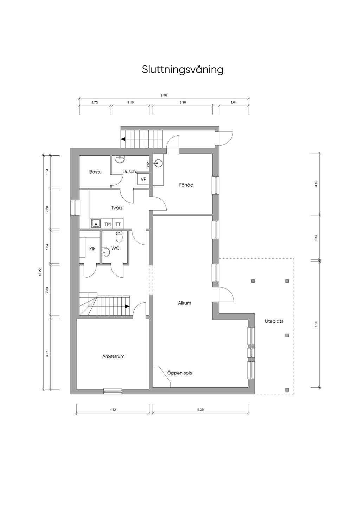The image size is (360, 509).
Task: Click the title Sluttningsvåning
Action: point(183,70)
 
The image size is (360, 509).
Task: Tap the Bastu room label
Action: point(95,172)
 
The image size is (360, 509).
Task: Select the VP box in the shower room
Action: point(143,179)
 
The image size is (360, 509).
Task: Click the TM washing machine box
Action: point(108,224)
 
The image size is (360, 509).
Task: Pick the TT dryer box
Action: point(118,224)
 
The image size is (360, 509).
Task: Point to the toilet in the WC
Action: point(119,237)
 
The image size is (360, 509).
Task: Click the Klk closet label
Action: point(92,249)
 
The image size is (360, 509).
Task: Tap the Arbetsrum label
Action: point(113,356)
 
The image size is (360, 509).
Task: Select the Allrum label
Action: point(185,303)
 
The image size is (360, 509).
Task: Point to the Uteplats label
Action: point(274,321)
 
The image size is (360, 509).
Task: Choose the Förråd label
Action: point(186,185)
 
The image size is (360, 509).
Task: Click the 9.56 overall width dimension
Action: point(163,96)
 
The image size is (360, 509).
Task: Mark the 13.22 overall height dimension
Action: point(40,272)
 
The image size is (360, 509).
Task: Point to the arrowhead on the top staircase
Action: point(123,139)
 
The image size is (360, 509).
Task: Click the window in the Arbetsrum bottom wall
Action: point(113,391)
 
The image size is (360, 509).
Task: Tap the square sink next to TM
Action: point(96,224)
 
